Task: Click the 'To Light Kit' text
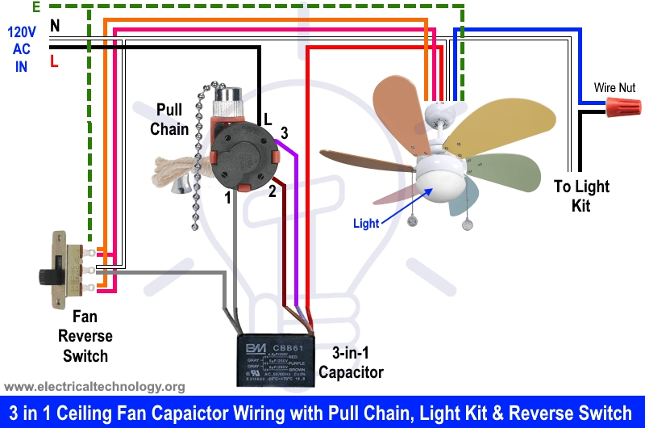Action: tap(581, 196)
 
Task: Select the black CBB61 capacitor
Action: tap(272, 361)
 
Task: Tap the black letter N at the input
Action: tap(55, 26)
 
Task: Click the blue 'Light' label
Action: tap(366, 224)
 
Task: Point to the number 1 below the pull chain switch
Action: tap(228, 196)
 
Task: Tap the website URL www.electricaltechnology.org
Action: tap(95, 387)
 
